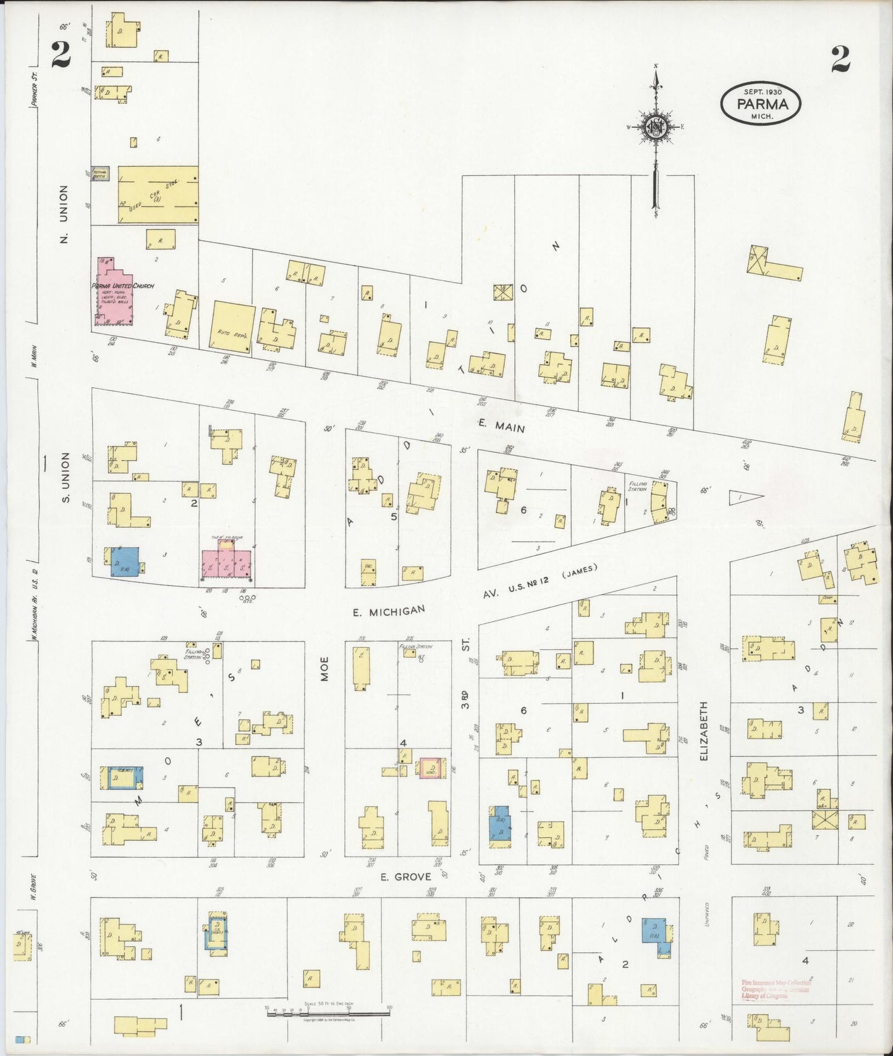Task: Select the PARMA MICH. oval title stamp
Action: pos(760,103)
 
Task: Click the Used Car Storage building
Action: pos(158,194)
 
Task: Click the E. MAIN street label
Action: pos(501,425)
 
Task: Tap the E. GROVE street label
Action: pos(405,877)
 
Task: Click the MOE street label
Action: pos(324,669)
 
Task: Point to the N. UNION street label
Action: pos(64,214)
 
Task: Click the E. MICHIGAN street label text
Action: pos(389,611)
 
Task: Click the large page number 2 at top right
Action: pos(840,60)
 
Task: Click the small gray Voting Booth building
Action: pos(99,174)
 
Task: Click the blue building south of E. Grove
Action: pos(655,938)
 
